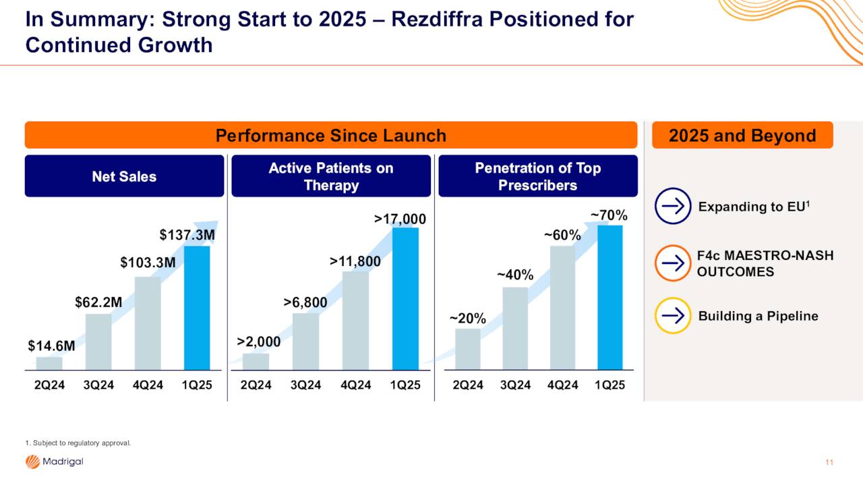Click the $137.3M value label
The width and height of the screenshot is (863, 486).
(187, 235)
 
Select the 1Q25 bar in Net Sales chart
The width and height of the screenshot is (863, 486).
(197, 308)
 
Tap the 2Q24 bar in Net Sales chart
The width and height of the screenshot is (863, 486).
(49, 363)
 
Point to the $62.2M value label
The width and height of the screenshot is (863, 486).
(98, 302)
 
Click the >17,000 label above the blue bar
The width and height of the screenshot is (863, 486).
(400, 219)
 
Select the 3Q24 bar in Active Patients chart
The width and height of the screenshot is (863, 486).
(305, 341)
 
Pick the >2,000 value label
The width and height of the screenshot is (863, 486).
(259, 342)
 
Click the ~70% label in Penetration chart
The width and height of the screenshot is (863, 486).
(609, 215)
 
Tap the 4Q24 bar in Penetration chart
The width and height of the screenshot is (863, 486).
(562, 308)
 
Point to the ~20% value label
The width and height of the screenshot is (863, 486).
(468, 319)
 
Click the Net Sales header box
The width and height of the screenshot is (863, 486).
(124, 176)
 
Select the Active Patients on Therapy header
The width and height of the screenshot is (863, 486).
(330, 176)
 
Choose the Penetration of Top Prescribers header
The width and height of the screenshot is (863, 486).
(537, 176)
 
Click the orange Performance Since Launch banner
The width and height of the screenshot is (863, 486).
(330, 135)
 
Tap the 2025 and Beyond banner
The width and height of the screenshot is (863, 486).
(742, 135)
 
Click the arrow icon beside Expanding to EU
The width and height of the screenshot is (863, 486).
(672, 206)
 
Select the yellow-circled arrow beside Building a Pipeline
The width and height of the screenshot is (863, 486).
(672, 316)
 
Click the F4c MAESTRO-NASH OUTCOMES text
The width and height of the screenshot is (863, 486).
(765, 263)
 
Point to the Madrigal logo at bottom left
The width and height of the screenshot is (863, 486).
(54, 462)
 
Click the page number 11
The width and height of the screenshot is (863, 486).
(829, 462)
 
